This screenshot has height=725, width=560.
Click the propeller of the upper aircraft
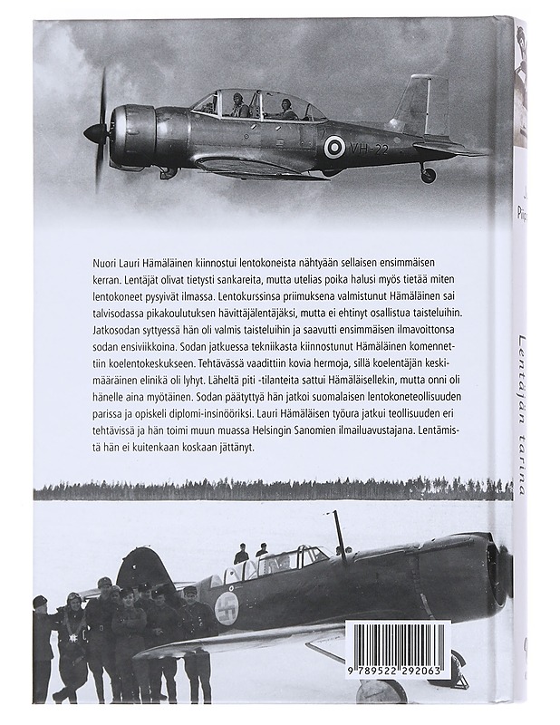pos(99,132)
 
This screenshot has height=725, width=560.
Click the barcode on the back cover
pos(398,650)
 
